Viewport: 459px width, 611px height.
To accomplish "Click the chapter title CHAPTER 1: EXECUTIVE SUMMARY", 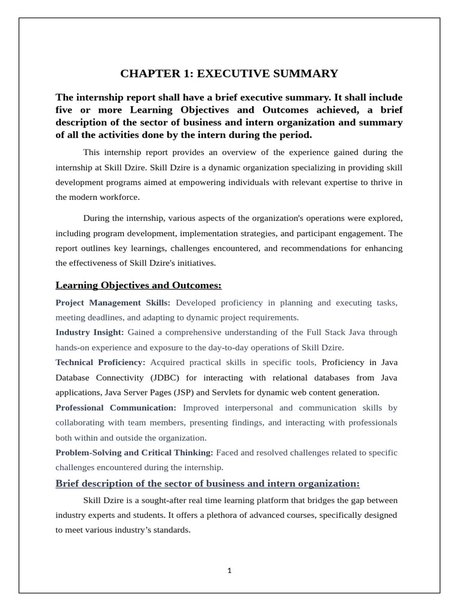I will pyautogui.click(x=229, y=73).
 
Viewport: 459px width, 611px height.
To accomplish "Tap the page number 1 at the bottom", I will pyautogui.click(x=229, y=570).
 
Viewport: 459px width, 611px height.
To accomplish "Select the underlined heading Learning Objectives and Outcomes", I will pyautogui.click(x=138, y=285).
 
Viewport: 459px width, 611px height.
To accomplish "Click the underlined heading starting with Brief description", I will pyautogui.click(x=207, y=483).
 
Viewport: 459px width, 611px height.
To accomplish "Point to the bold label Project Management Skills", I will pyautogui.click(x=112, y=303).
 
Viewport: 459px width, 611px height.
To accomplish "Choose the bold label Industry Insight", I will pyautogui.click(x=90, y=332).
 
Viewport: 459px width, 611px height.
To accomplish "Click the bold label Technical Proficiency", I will pyautogui.click(x=100, y=362).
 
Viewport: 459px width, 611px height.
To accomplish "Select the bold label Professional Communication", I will pyautogui.click(x=115, y=408).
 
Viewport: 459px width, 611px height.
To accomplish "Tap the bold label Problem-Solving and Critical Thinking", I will pyautogui.click(x=134, y=452).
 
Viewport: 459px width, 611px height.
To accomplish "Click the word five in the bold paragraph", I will pyautogui.click(x=65, y=110).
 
